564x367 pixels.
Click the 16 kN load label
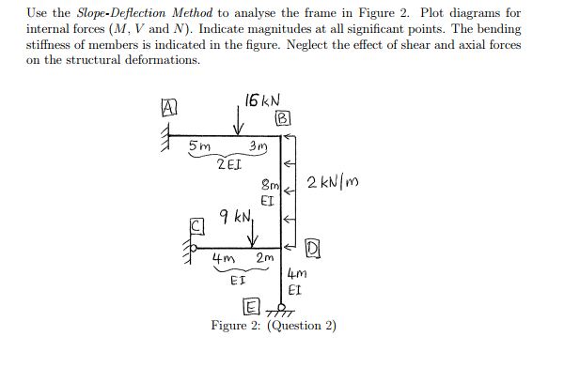pos(261,100)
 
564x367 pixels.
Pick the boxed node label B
pos(282,119)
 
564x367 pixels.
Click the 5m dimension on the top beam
pos(199,146)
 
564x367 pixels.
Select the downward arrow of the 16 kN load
pos(243,121)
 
